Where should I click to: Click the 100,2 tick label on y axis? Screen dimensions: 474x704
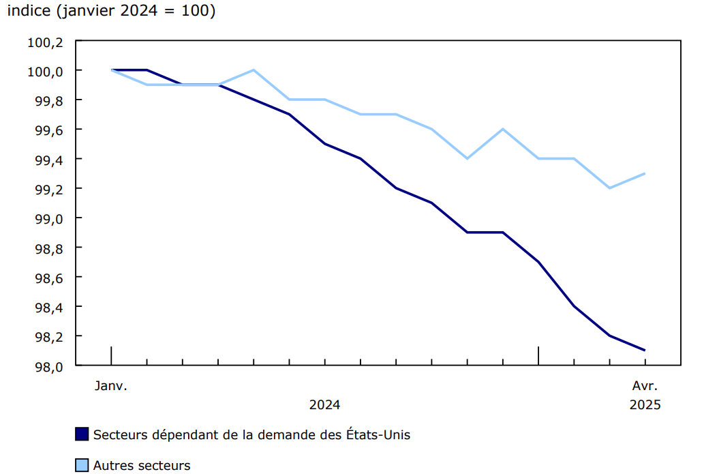45,42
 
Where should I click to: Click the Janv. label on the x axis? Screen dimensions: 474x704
111,386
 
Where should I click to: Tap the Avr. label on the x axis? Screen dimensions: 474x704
645,386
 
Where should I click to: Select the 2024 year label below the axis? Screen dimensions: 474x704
325,404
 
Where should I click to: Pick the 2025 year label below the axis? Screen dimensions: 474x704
645,404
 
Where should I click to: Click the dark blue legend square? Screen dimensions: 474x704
82,434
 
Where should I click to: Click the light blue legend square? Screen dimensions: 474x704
82,466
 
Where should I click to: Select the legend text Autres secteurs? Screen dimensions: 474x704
142,466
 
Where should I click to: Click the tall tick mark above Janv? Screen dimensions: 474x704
111,355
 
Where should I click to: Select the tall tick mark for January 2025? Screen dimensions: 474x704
538,355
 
